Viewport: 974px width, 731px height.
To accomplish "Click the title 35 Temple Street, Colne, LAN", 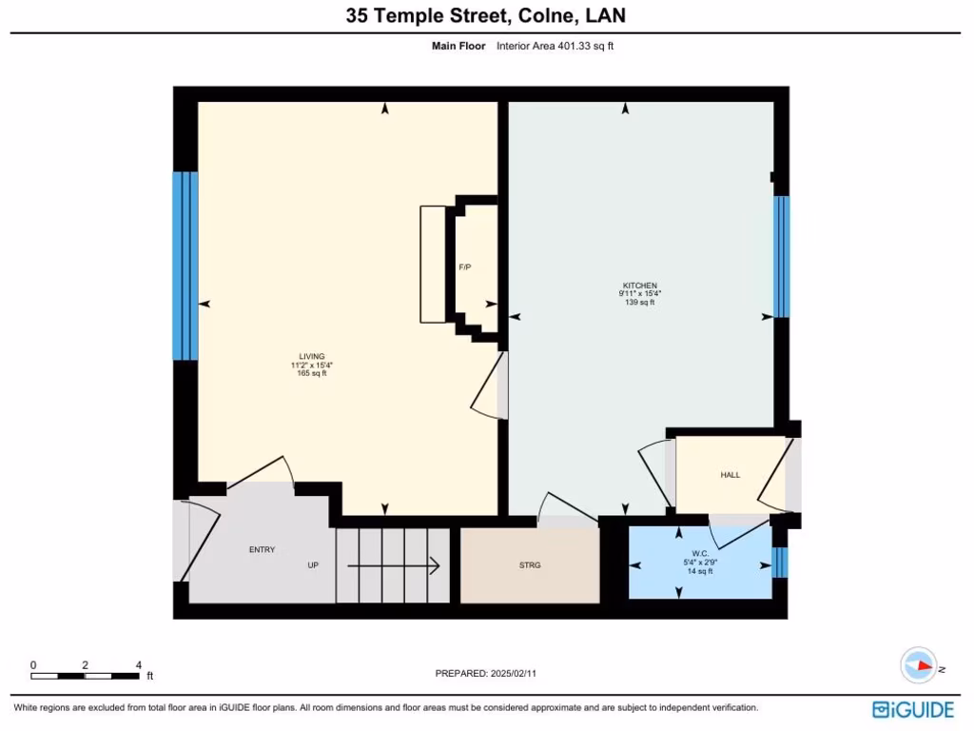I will click(x=486, y=16).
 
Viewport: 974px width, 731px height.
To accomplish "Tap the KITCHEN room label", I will click(x=639, y=286).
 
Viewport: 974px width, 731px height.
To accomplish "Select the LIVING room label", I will click(x=312, y=356).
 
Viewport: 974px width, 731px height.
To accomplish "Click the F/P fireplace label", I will click(x=465, y=267).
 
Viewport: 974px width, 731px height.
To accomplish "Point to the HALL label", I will click(x=730, y=475).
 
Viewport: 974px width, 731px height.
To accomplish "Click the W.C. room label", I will click(x=700, y=553).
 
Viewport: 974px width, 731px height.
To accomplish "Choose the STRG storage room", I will click(x=530, y=565).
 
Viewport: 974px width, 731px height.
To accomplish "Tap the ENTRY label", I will click(x=262, y=549).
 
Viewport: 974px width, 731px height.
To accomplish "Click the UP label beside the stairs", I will click(x=313, y=565).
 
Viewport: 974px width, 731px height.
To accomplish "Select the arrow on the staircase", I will click(x=393, y=566).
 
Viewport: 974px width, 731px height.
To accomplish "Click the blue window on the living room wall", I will click(x=185, y=266).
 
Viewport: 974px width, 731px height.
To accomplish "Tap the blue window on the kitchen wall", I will click(x=781, y=256).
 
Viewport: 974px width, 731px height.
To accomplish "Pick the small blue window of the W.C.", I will click(x=780, y=563).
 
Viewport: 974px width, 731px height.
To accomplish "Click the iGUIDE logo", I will click(x=912, y=709).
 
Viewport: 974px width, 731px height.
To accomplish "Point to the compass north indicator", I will click(x=920, y=665).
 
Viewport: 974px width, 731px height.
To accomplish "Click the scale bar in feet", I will click(x=86, y=676).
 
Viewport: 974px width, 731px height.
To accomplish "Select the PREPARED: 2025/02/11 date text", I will click(x=492, y=674).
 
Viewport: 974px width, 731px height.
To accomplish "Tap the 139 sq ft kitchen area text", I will click(x=639, y=303).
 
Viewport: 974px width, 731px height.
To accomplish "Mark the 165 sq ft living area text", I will click(x=312, y=373).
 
